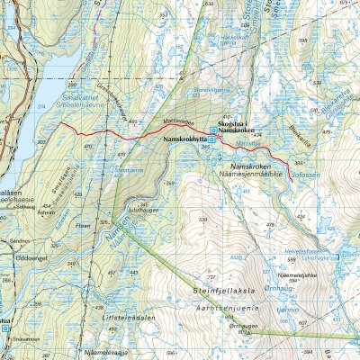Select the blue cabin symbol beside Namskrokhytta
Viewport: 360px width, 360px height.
[x=213, y=140]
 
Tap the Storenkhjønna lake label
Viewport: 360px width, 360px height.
[x=211, y=90]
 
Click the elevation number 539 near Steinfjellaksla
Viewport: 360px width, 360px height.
[x=204, y=220]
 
